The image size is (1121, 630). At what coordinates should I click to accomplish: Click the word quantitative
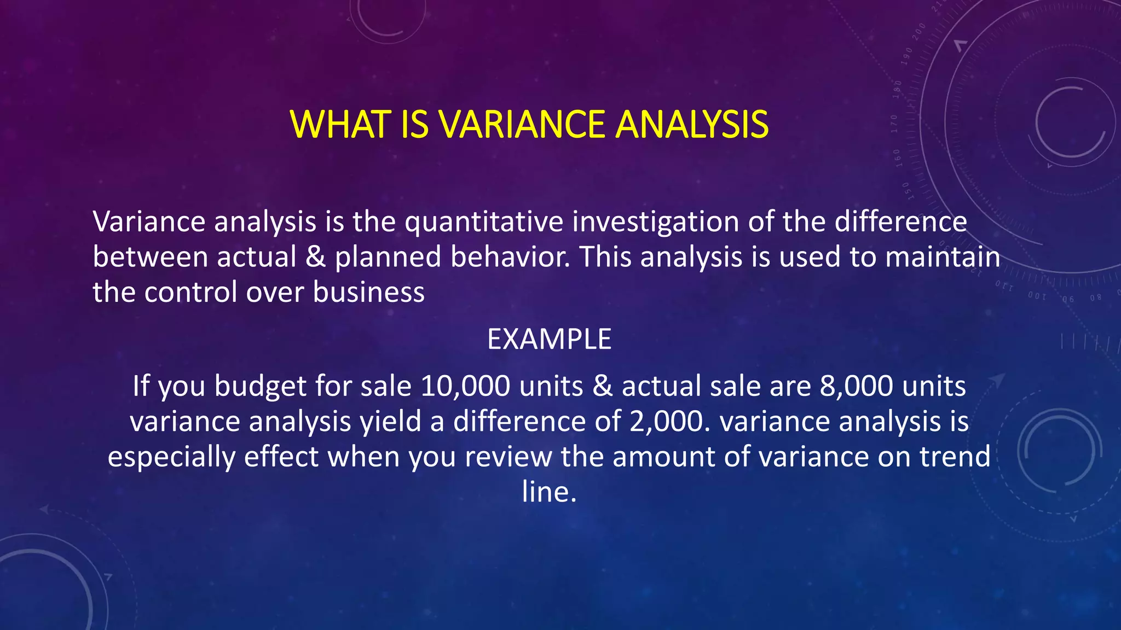(484, 221)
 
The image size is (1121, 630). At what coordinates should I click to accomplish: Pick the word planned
(388, 256)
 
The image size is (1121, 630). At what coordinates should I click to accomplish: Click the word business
(368, 291)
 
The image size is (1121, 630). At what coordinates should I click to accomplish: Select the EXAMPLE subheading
(549, 339)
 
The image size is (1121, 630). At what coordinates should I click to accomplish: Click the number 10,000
(465, 386)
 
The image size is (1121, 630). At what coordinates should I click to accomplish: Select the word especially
(171, 457)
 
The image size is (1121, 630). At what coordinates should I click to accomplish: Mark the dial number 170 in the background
(894, 124)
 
